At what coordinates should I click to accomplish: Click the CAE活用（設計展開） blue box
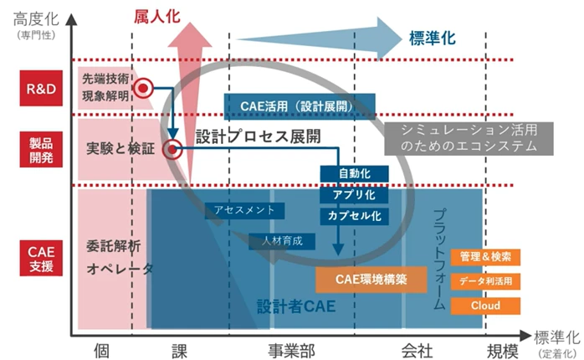coord(299,105)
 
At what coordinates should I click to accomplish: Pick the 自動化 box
coord(354,173)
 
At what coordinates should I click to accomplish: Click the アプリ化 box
coord(354,194)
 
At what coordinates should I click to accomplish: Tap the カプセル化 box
coord(354,215)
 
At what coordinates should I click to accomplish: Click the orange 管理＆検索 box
coord(485,257)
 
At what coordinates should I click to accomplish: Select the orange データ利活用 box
coord(485,281)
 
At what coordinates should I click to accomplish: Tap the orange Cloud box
coord(485,306)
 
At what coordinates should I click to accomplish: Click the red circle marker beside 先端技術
coord(143,87)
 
